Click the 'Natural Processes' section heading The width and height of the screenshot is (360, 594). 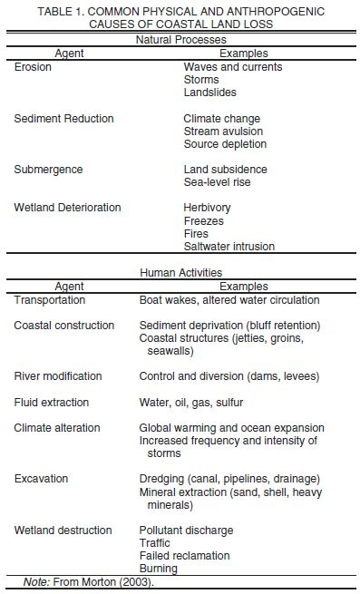180,40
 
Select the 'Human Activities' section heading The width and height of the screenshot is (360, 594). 180,272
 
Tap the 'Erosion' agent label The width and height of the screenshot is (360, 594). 34,67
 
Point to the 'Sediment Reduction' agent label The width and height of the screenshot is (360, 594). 63,119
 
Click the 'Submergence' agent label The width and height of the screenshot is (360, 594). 48,170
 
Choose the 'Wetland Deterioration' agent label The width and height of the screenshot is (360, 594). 67,208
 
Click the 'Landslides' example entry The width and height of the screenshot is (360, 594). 211,93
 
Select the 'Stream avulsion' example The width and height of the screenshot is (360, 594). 224,131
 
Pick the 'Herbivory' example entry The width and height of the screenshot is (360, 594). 207,208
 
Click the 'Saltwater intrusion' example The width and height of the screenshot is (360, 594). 229,246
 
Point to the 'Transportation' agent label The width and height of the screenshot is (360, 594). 50,299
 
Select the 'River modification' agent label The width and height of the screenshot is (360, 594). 58,376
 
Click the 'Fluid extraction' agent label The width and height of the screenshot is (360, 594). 52,402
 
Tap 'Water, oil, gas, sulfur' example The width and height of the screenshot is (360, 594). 191,402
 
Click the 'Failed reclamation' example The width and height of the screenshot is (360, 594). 184,556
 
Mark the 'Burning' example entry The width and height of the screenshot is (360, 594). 158,569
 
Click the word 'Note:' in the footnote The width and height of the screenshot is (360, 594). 36,581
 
